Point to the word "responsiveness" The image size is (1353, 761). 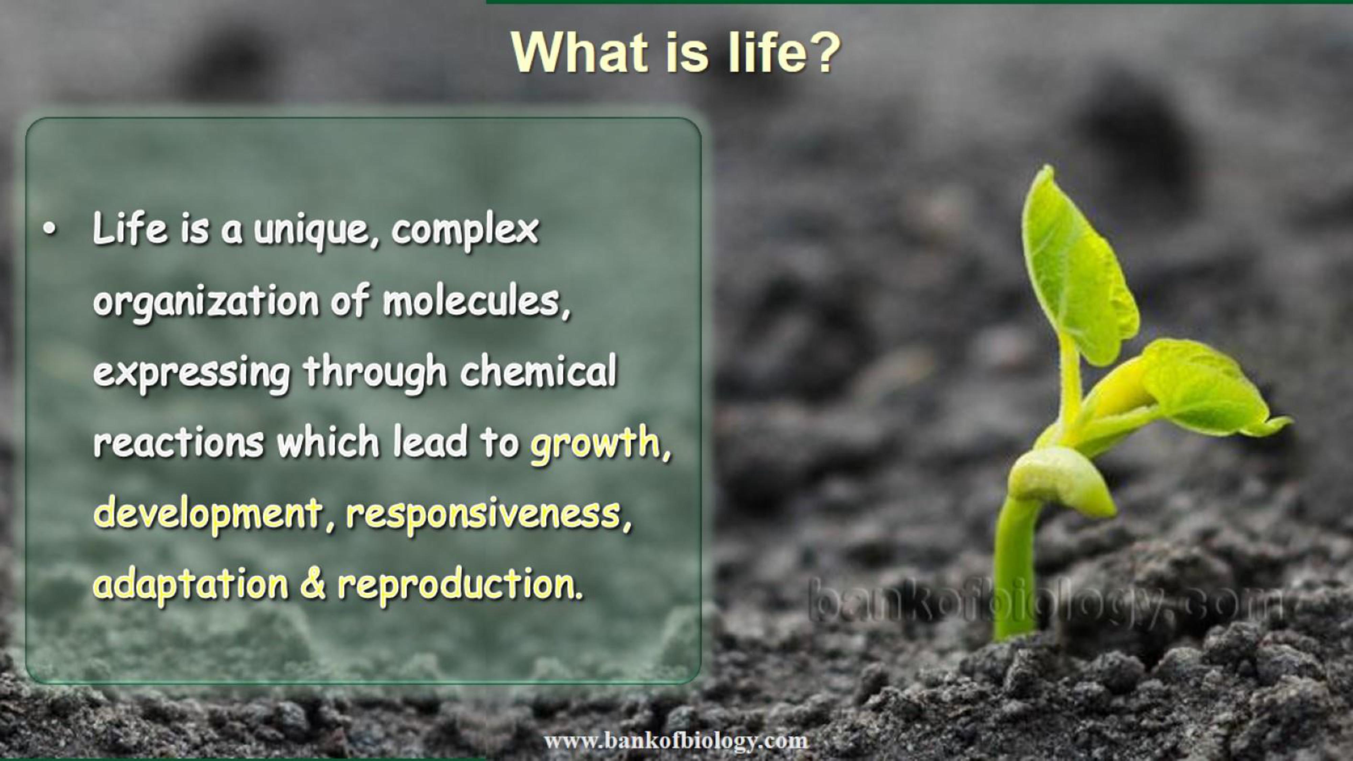483,515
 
